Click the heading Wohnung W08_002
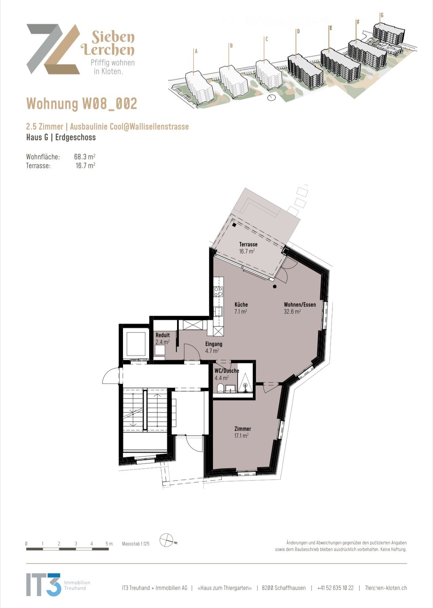click(82, 104)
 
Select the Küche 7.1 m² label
click(241, 308)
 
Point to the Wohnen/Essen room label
click(299, 308)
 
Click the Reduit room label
click(162, 338)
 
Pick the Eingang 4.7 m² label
click(213, 347)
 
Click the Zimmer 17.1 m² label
click(242, 432)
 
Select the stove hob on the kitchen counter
click(218, 292)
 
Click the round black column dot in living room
click(275, 287)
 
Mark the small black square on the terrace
click(234, 225)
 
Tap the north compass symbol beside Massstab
click(166, 540)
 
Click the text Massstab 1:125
click(136, 544)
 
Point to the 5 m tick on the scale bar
click(109, 544)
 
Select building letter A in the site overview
click(196, 51)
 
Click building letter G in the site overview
click(382, 15)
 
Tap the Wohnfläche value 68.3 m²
click(84, 157)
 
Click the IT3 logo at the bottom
click(43, 584)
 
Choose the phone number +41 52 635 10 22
click(335, 588)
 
